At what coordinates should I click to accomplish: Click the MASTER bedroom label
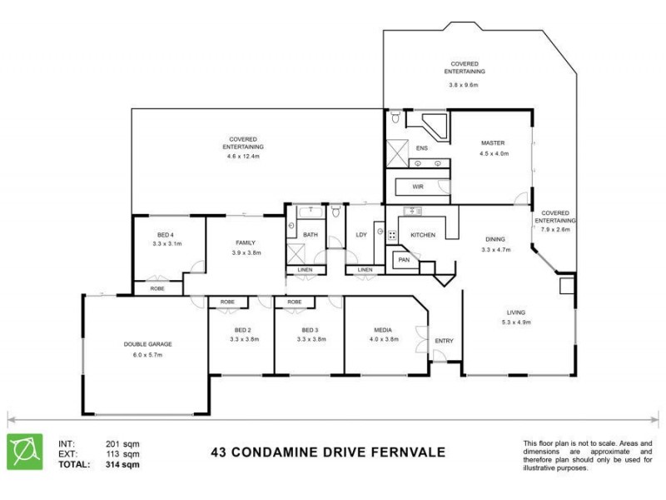pos(494,142)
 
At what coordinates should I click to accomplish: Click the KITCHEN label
pos(423,235)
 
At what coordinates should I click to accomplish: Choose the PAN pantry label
pos(404,260)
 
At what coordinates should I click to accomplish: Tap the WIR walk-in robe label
pos(418,187)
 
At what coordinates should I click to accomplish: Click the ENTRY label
pos(444,340)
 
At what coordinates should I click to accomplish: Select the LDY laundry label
pos(361,235)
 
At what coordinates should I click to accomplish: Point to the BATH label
pos(310,235)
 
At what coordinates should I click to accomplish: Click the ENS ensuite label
pos(422,149)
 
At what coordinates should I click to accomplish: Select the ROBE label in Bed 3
pos(294,302)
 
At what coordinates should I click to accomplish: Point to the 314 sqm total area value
pos(122,465)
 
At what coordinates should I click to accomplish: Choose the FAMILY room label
pos(246,242)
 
